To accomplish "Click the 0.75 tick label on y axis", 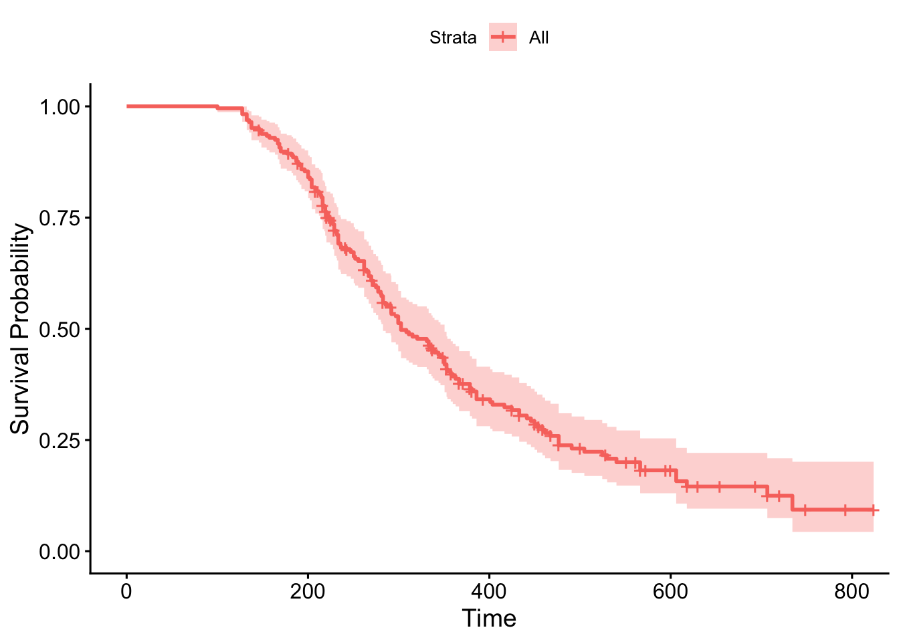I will click(60, 218).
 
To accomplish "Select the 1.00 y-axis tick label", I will click(60, 107).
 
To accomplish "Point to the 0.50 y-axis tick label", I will click(60, 329).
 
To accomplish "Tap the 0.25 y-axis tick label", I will click(60, 441).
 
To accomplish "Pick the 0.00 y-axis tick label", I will click(60, 552).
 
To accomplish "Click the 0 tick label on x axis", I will click(126, 591).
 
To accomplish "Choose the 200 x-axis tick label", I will click(308, 591).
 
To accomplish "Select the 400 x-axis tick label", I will click(489, 591).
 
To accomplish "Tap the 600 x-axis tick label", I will click(670, 591).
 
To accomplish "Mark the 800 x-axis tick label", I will click(852, 591).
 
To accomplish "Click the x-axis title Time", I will click(489, 619).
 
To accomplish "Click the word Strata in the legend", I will click(453, 37).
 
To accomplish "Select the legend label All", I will click(538, 37).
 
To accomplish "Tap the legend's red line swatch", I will click(503, 37).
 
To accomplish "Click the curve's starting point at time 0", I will click(127, 106).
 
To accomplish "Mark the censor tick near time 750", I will click(805, 510).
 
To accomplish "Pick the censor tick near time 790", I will click(844, 510).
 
